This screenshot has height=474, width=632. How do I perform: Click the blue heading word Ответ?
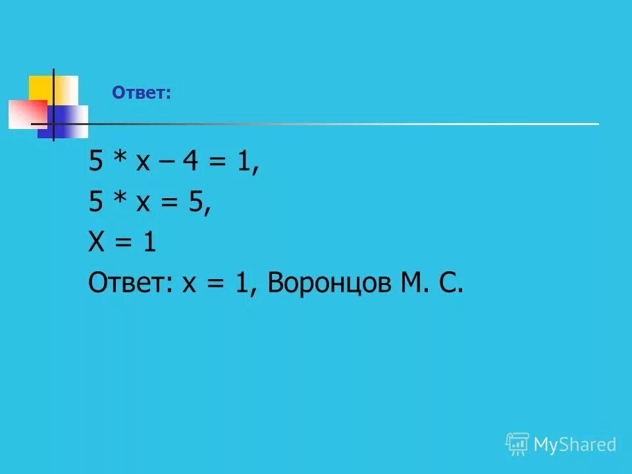[141, 93]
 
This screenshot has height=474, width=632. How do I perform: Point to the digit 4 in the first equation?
[192, 163]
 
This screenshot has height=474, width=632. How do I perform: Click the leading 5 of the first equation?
[96, 163]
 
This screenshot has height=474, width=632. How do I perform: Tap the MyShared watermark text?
[574, 444]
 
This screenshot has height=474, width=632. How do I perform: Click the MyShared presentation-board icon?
[517, 444]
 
